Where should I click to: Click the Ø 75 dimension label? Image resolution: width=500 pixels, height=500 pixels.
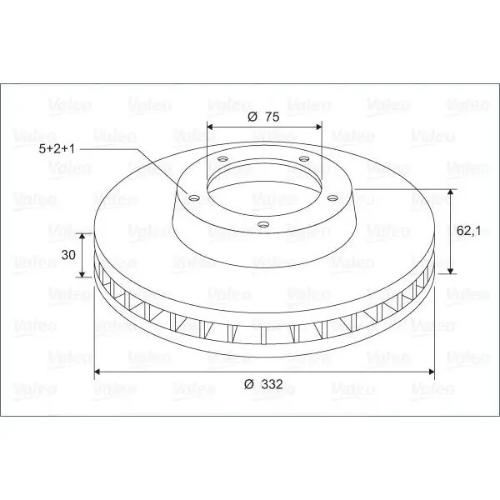point(263,117)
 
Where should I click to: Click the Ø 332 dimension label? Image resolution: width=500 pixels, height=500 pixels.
point(263,384)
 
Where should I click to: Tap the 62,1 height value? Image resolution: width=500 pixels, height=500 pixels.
point(468,230)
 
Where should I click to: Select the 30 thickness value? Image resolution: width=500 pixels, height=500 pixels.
point(68,255)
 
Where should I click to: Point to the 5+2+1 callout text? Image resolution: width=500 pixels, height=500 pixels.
point(57,149)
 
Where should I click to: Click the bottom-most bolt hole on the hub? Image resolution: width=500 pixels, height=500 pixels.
point(262,224)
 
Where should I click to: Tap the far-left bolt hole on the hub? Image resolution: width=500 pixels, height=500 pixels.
point(193,198)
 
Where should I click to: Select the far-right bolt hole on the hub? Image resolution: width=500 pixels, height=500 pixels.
point(332,198)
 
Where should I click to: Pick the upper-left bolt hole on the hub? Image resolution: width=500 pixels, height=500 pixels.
point(222,158)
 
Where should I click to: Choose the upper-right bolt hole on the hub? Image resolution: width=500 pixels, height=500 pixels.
point(304,158)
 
